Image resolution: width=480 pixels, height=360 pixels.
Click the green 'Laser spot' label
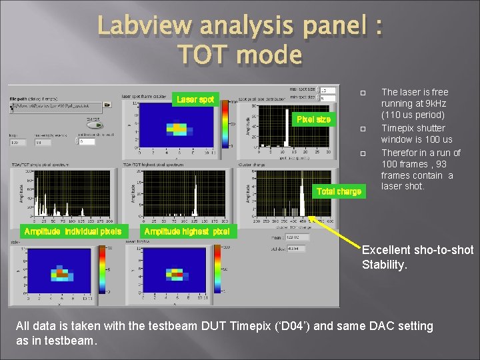click(195, 99)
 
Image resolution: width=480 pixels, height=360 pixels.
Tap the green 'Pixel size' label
click(313, 119)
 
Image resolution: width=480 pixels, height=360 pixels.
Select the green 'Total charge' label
click(339, 191)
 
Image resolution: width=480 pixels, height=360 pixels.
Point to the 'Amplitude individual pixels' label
click(73, 231)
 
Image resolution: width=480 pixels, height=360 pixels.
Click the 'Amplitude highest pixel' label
click(187, 231)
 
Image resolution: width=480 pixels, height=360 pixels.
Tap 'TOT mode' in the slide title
click(240, 54)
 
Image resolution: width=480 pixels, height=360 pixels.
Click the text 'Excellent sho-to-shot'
click(417, 250)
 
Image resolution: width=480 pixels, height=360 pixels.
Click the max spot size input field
click(327, 90)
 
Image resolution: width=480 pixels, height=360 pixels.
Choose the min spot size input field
click(327, 98)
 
